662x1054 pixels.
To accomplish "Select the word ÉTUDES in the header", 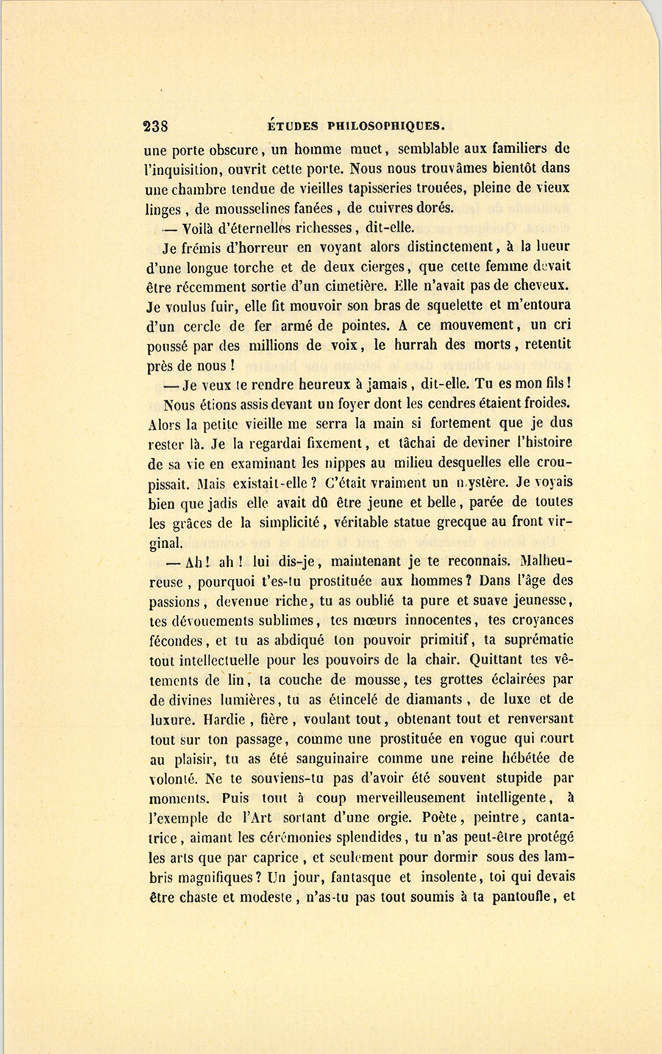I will pos(288,126).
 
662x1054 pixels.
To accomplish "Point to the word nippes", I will pos(344,463).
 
